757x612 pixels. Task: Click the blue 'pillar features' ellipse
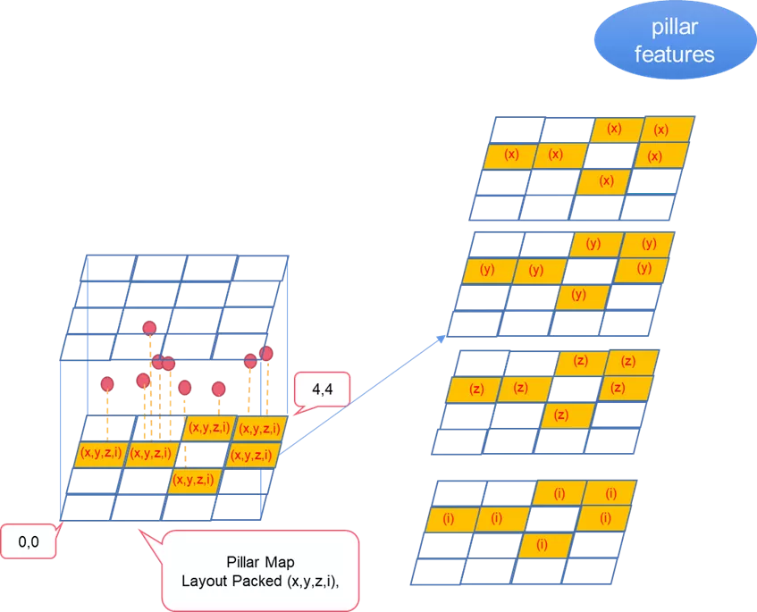pos(674,41)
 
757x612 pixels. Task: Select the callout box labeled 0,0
pos(29,541)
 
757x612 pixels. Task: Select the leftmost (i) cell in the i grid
pos(450,518)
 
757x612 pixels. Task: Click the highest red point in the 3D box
pos(149,328)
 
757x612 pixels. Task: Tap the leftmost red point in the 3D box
pos(107,384)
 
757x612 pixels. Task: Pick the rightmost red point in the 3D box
pos(266,353)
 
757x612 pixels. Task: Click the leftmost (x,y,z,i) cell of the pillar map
pos(101,453)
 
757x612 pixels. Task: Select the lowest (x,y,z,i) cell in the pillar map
pos(194,480)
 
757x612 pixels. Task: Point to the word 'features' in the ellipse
pos(674,54)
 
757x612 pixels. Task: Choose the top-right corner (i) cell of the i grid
pos(611,492)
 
